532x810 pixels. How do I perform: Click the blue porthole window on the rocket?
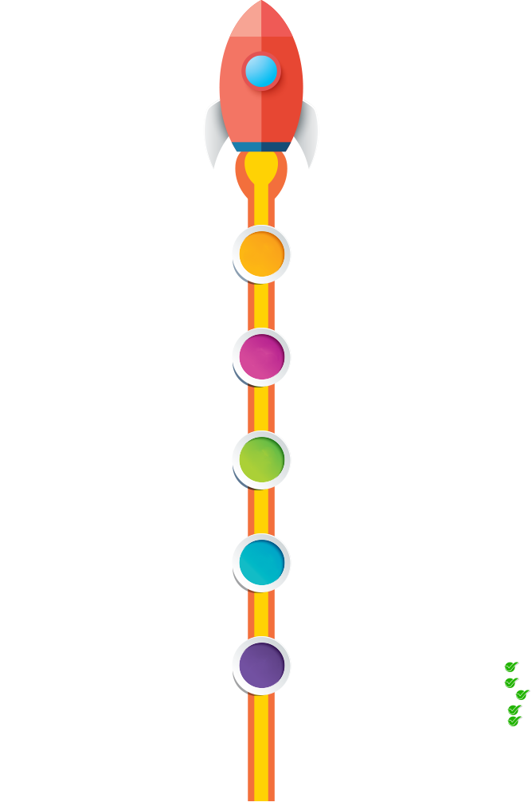tap(261, 71)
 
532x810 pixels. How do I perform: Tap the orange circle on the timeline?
tap(261, 254)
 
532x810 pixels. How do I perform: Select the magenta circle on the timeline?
tap(261, 356)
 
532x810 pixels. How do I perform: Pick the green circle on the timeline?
tap(261, 459)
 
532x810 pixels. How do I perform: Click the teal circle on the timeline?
tap(261, 560)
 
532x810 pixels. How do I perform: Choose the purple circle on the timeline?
tap(261, 664)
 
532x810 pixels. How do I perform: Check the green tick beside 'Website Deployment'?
tap(510, 682)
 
